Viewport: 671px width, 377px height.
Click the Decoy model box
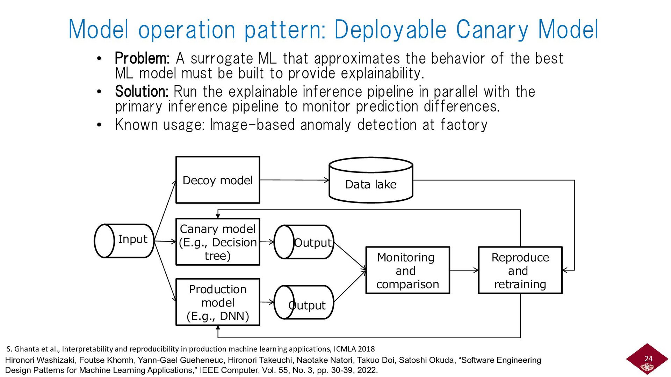click(217, 180)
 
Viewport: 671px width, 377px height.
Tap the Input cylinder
click(124, 241)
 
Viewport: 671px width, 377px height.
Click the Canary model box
click(217, 242)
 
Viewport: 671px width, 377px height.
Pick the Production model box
click(217, 302)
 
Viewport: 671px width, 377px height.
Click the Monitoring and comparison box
click(407, 271)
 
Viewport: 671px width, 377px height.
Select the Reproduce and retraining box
click(520, 271)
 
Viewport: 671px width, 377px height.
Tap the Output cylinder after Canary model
click(304, 242)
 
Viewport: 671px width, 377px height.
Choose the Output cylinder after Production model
click(304, 302)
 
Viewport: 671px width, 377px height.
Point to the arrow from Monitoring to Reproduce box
click(464, 270)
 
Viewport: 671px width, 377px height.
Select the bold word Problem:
click(142, 58)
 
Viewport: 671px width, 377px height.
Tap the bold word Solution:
click(142, 91)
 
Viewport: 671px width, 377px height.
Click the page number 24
click(648, 358)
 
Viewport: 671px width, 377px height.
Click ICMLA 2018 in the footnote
click(354, 349)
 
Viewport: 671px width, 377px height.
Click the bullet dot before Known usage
click(99, 125)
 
